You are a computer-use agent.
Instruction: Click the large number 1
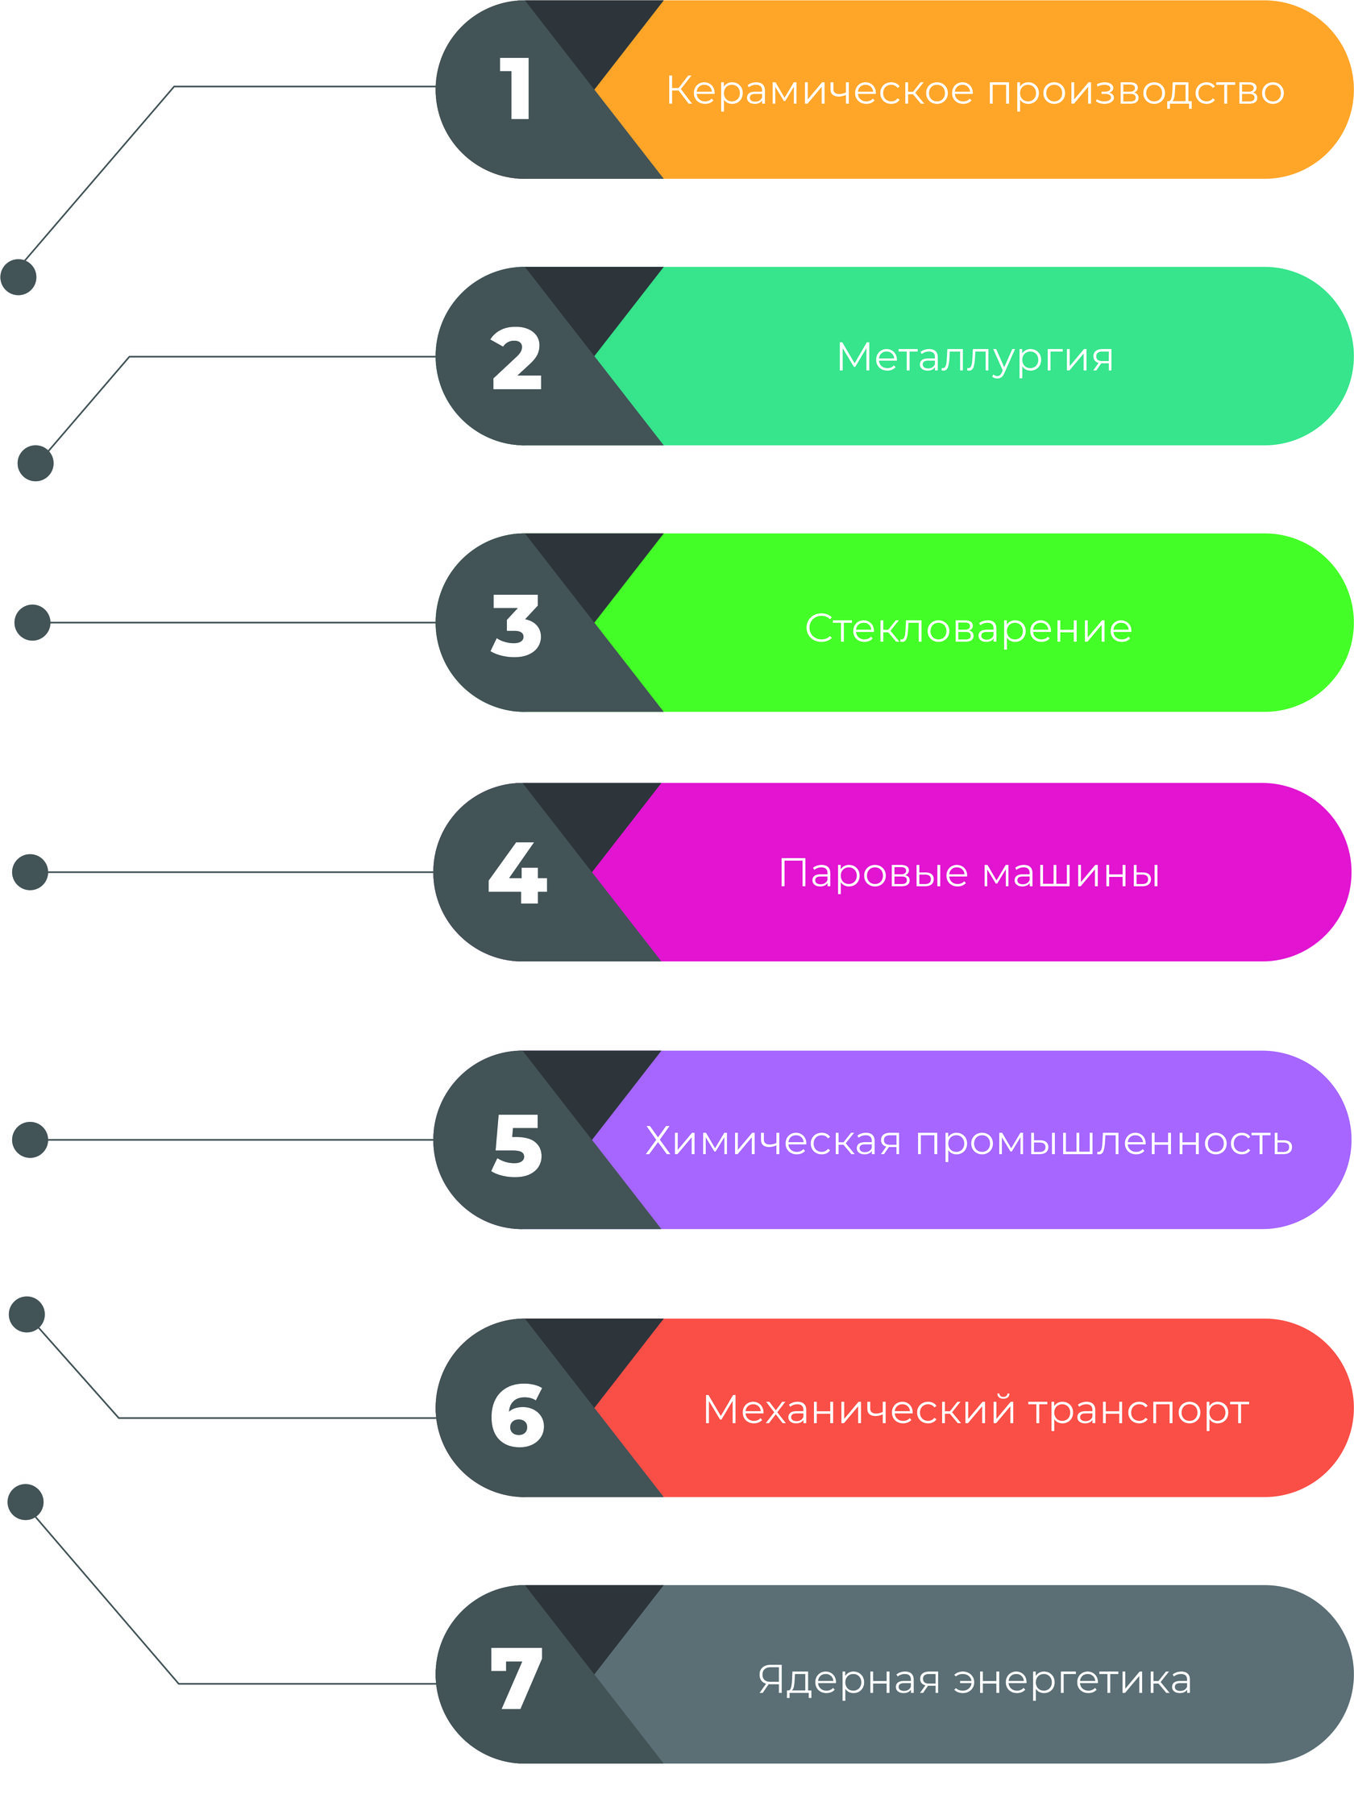[516, 89]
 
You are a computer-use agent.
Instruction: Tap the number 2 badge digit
[517, 358]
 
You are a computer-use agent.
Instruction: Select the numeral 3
[517, 625]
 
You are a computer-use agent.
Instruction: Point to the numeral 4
[517, 873]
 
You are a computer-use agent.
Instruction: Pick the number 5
[517, 1144]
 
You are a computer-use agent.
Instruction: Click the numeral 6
[517, 1415]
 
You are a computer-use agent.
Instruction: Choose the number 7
[516, 1679]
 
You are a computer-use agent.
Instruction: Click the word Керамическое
[820, 91]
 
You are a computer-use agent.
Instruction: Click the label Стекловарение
[969, 629]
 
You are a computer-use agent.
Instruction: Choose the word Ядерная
[849, 1680]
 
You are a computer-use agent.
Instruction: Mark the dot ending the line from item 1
[19, 277]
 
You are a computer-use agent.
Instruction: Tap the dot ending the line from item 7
[25, 1503]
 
